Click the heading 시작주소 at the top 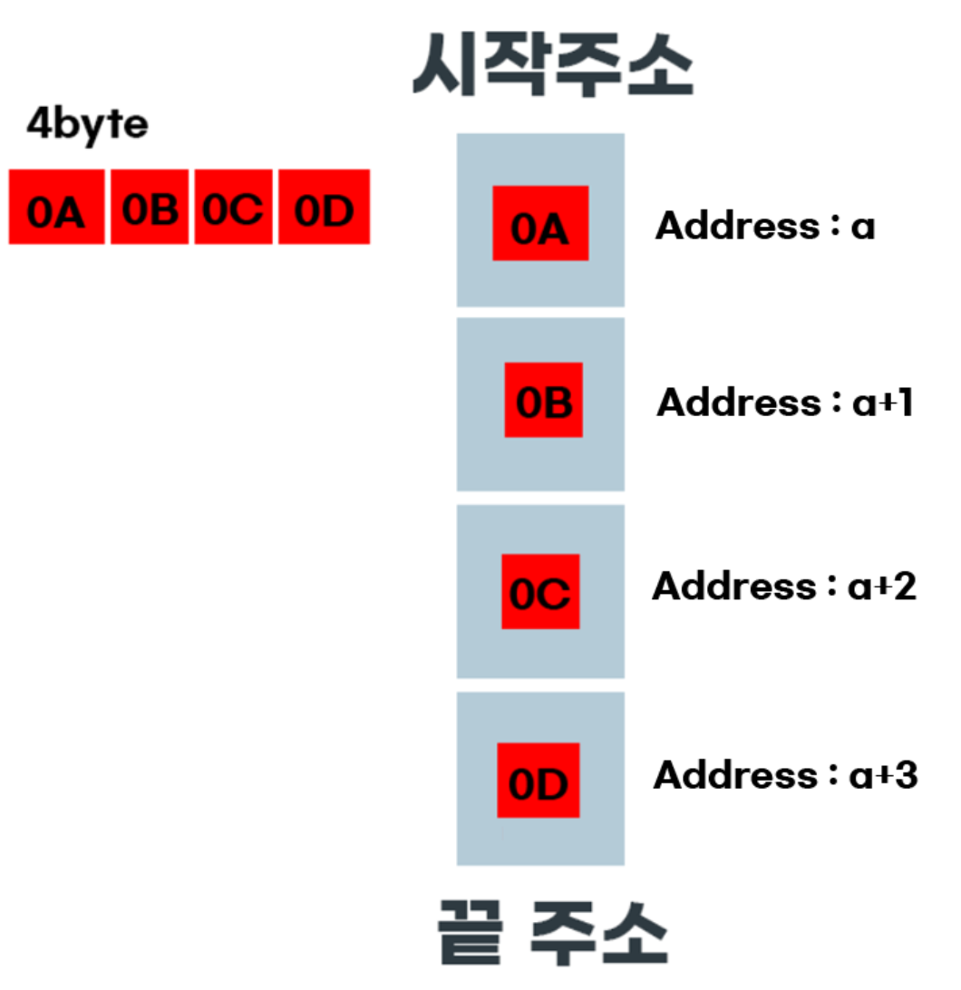[552, 67]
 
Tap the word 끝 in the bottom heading [469, 933]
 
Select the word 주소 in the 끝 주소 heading [598, 933]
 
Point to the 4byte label [87, 125]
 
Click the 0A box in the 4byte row [57, 207]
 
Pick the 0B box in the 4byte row [150, 207]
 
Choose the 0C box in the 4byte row [233, 207]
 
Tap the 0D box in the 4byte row [324, 207]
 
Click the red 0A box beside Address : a [540, 223]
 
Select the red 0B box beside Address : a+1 [544, 400]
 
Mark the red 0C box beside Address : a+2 [540, 591]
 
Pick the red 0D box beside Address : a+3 [539, 781]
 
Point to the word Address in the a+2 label [733, 587]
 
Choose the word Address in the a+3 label [735, 775]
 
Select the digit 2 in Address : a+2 [904, 587]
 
